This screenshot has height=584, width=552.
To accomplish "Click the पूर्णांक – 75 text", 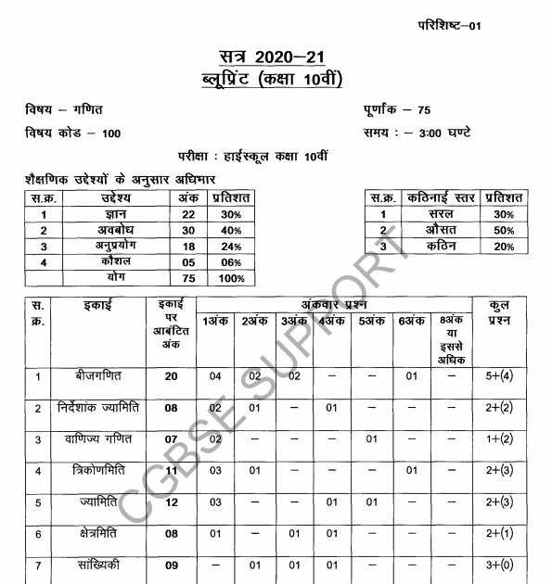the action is (x=398, y=110).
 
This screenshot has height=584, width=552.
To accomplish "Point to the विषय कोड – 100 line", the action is (x=73, y=133).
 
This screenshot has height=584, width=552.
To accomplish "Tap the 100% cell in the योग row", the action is (x=231, y=278).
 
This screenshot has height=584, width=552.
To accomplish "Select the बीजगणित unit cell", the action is (x=97, y=376).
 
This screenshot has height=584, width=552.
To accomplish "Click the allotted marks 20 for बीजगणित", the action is (x=171, y=376).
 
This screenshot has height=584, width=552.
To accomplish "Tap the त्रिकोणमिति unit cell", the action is (x=97, y=471).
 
